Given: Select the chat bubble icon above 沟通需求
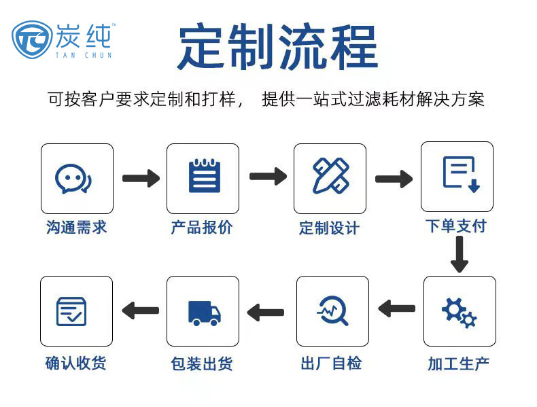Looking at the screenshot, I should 73,179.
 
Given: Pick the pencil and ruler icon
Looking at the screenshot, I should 331,177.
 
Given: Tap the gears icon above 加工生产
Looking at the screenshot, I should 459,312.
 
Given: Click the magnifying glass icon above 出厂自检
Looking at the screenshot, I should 332,311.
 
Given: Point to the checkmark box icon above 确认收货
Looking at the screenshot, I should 73,311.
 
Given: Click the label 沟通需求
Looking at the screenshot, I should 77,227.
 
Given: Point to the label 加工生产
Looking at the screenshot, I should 458,363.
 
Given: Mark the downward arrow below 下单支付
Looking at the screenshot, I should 460,255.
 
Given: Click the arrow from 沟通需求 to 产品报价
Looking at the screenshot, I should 141,179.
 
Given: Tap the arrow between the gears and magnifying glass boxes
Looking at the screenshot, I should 397,308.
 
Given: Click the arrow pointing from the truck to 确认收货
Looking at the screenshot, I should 140,311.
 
